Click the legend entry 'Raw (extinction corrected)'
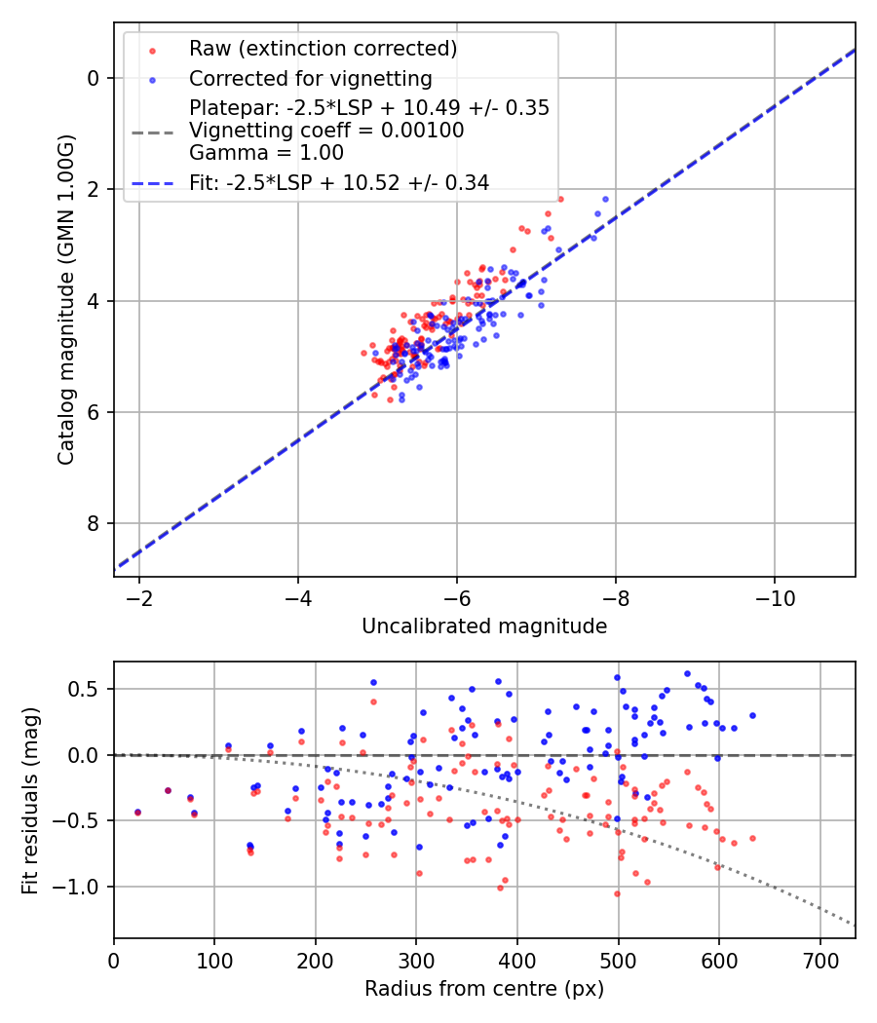point(323,49)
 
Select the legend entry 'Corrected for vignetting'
point(311,78)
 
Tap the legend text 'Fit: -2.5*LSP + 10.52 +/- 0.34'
point(339,182)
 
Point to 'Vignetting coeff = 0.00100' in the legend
point(326,130)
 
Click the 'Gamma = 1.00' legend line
point(266,152)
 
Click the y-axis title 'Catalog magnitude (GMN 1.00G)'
point(65,302)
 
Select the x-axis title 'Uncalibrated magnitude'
point(484,626)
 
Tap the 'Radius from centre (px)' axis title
point(484,989)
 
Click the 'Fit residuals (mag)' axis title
point(30,800)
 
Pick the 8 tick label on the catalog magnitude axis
point(95,524)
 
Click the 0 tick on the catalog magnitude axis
point(95,78)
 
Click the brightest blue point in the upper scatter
point(605,199)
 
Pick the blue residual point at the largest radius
point(752,715)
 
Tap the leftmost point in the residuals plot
point(137,812)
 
